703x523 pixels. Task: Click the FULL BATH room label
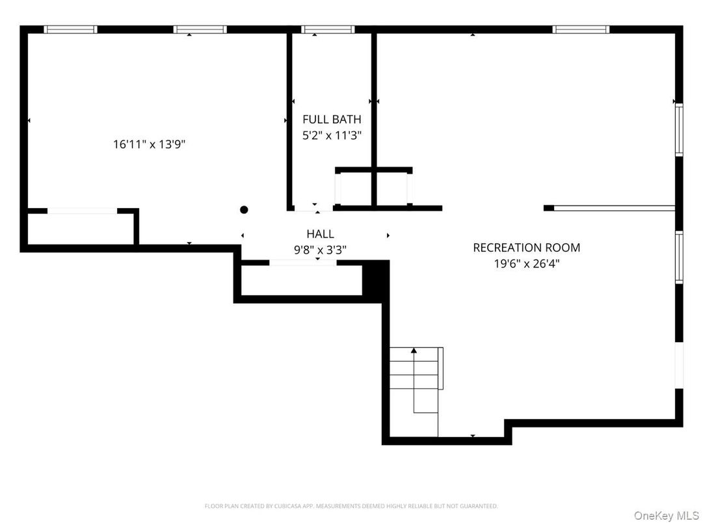coord(332,119)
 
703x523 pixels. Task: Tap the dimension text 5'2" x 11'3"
coord(332,136)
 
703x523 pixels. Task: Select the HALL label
coord(320,234)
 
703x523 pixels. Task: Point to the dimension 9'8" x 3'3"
coord(320,249)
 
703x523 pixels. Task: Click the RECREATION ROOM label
coord(526,247)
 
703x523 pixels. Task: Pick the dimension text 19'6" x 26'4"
coord(526,263)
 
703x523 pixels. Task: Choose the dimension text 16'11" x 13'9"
coord(150,144)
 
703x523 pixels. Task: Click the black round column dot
coord(244,209)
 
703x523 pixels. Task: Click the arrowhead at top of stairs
coord(414,351)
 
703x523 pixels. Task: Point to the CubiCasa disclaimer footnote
coord(351,505)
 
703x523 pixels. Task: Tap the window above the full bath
coord(328,29)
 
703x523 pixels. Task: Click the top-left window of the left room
coord(70,29)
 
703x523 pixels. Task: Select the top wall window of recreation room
coord(581,29)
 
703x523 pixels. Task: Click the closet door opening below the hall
coord(302,263)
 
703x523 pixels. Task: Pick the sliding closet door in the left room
coord(83,211)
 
